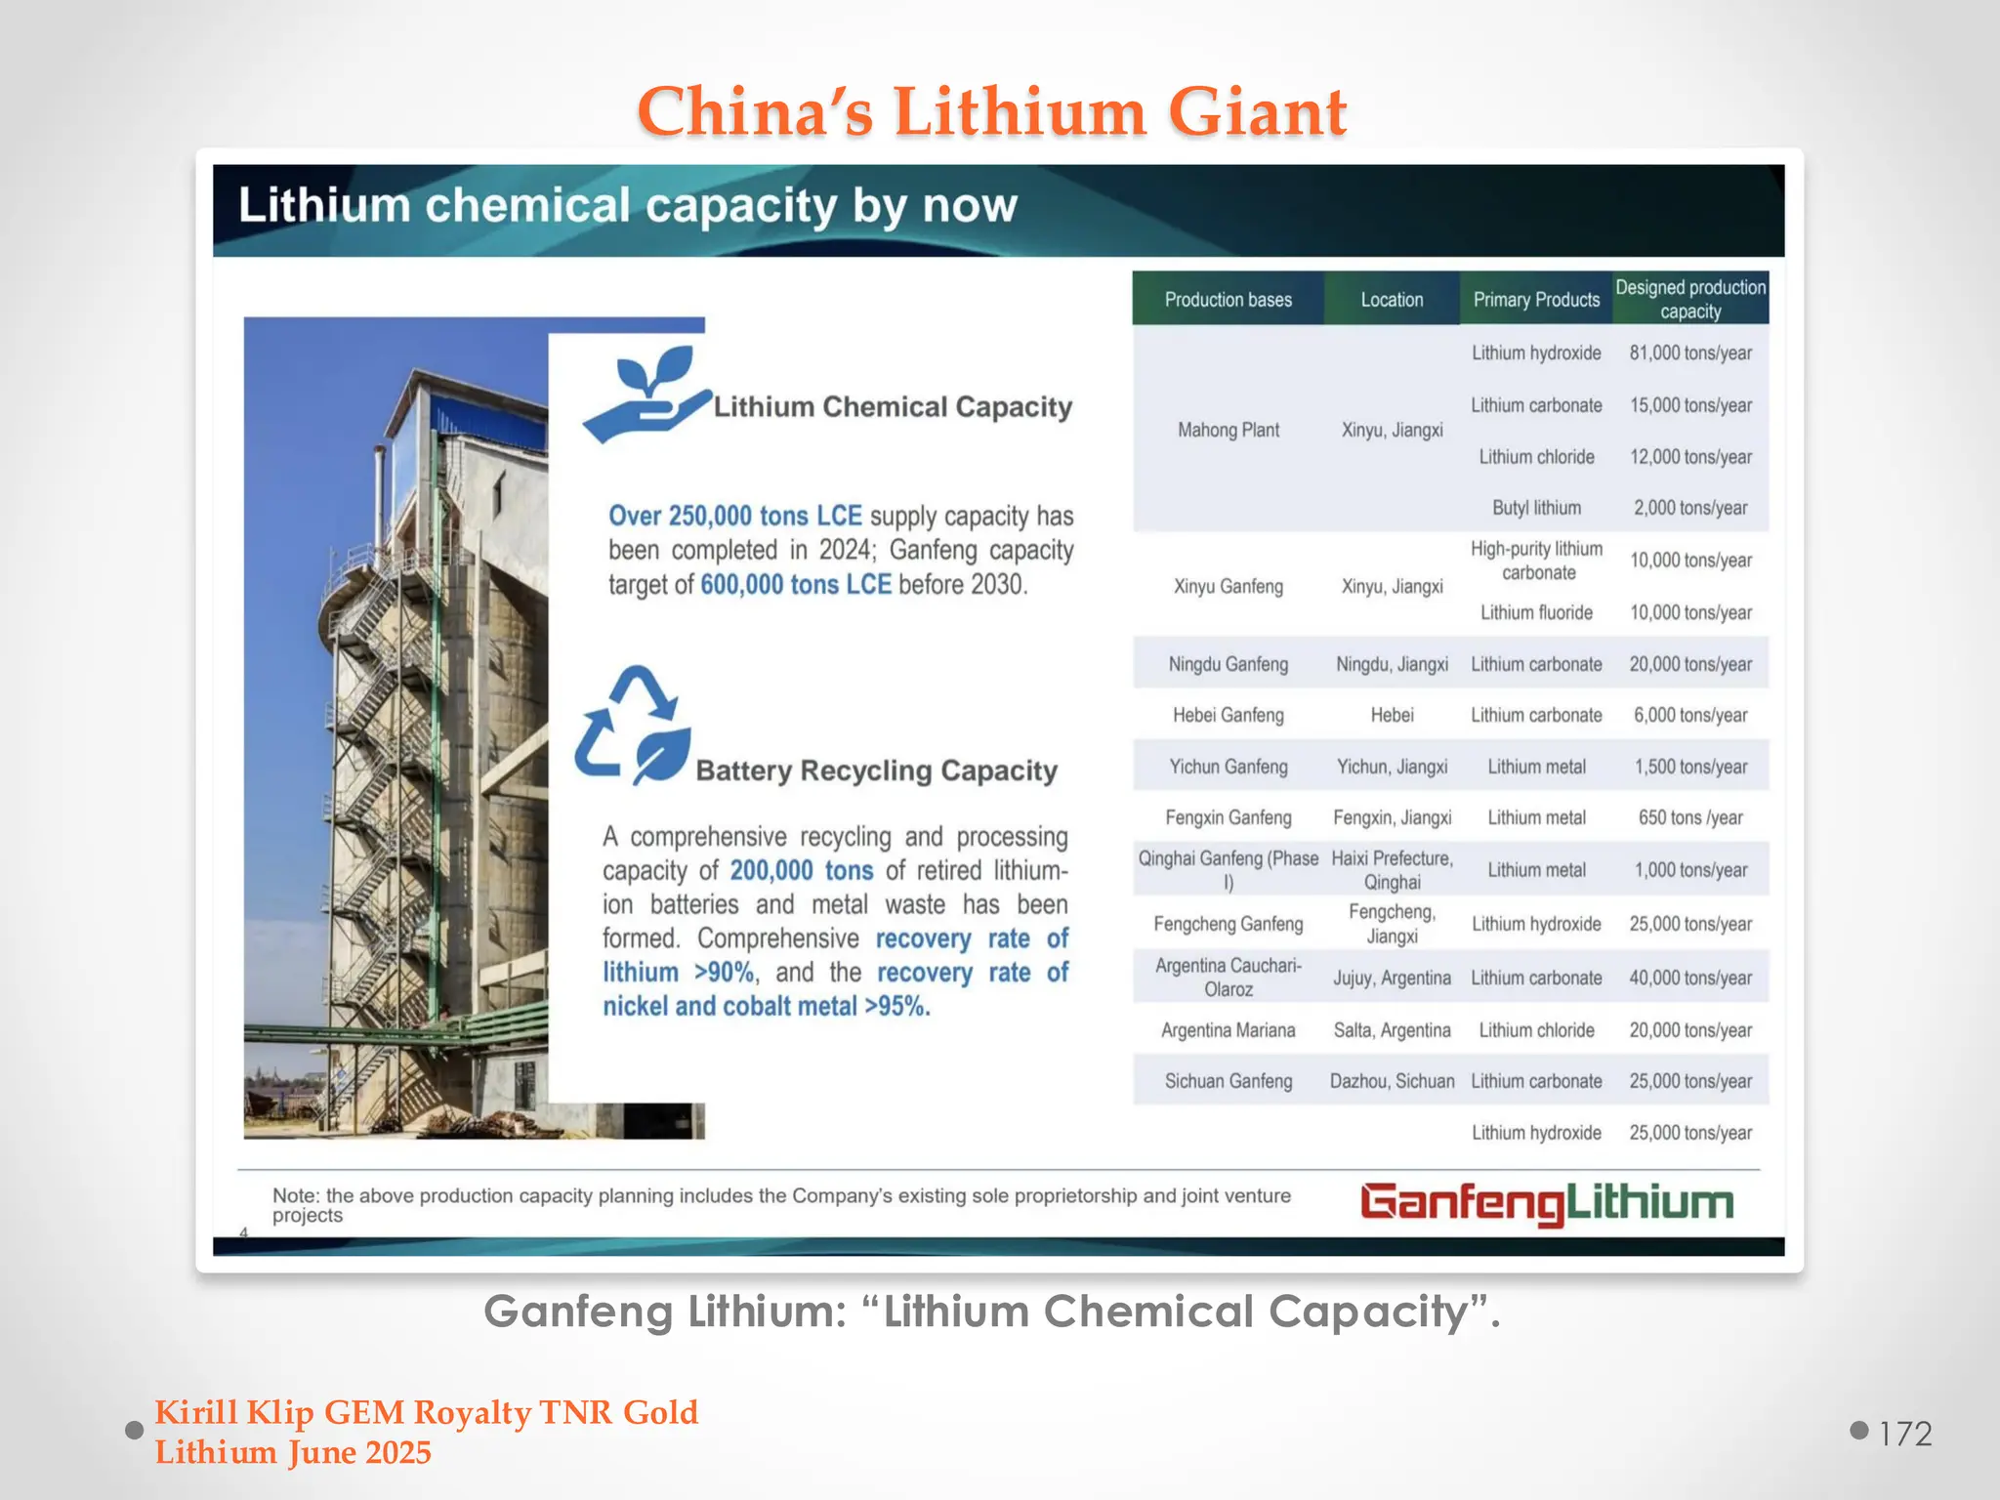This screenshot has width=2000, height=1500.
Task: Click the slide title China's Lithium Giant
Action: coord(991,111)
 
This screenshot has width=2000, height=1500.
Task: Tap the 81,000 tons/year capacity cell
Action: coord(1690,354)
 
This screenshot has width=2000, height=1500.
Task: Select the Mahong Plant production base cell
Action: coord(1228,431)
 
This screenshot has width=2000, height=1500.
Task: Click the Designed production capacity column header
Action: coord(1690,299)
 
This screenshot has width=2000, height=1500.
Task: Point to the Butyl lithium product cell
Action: coord(1536,508)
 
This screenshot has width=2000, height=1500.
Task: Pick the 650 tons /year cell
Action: coord(1690,818)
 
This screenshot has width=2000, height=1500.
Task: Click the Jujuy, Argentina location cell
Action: coord(1392,979)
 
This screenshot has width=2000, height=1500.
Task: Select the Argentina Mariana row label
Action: coord(1228,1030)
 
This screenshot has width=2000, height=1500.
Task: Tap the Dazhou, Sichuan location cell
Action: coord(1392,1082)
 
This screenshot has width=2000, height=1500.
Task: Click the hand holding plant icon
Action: coord(646,396)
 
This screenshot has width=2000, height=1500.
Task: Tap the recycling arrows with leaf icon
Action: coord(633,725)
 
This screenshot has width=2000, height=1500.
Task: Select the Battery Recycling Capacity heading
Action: coord(876,771)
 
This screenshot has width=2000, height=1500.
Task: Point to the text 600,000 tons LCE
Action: coord(796,585)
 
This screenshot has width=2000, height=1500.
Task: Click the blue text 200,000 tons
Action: coord(801,870)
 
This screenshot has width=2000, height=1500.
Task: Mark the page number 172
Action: coord(1904,1434)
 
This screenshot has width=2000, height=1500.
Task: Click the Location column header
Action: coord(1392,300)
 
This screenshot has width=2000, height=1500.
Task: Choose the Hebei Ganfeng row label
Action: coord(1228,716)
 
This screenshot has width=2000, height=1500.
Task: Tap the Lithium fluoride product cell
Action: coord(1536,613)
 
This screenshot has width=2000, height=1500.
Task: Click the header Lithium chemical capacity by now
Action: coord(628,206)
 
